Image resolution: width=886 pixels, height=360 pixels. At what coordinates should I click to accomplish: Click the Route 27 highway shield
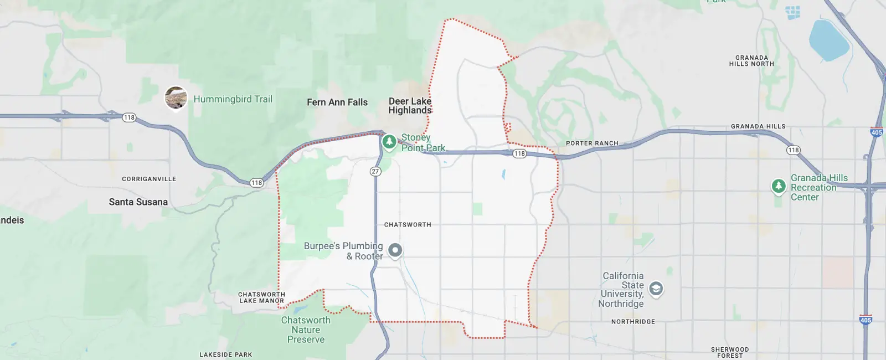(x=375, y=172)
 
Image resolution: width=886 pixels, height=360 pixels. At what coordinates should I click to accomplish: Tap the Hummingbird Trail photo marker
(x=176, y=98)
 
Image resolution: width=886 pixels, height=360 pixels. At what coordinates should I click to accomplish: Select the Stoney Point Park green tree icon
(x=389, y=142)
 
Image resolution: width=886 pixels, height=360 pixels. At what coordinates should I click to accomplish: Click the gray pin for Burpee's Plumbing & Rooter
(x=395, y=250)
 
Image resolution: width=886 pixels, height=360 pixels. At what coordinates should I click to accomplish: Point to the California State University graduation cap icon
(x=656, y=289)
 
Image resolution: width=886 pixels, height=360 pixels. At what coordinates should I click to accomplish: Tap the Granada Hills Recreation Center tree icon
(x=779, y=186)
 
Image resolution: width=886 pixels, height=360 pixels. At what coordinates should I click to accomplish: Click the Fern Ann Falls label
(x=337, y=102)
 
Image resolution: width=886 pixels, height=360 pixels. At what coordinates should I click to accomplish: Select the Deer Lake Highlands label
(x=410, y=106)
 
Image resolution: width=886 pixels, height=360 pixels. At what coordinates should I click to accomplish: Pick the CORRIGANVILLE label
(x=149, y=179)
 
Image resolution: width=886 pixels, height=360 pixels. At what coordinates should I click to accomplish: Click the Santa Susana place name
(x=138, y=202)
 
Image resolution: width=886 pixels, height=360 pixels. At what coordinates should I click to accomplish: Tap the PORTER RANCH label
(x=592, y=143)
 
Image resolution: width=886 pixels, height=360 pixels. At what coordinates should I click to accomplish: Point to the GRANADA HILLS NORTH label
(x=751, y=61)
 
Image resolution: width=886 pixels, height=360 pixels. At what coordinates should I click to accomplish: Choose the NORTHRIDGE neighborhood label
(x=633, y=322)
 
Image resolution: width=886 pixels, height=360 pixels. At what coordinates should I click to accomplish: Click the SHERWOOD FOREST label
(x=730, y=352)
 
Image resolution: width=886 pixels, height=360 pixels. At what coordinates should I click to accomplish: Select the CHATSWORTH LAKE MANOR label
(x=261, y=298)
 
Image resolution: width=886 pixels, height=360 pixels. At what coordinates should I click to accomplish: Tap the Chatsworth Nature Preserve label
(x=306, y=330)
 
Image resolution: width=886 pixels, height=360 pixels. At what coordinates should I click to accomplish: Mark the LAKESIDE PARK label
(x=226, y=354)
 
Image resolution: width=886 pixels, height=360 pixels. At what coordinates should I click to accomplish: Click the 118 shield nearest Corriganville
(x=256, y=183)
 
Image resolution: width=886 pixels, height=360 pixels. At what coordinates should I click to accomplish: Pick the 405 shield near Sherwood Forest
(x=866, y=320)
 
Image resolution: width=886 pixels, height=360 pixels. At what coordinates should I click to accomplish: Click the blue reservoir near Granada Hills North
(x=828, y=40)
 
